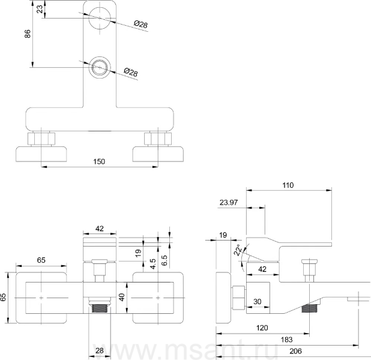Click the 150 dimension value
(x=99, y=161)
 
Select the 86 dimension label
(x=28, y=34)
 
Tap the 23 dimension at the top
(x=40, y=9)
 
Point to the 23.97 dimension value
(x=228, y=202)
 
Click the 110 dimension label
(x=288, y=185)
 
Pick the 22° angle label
(x=238, y=250)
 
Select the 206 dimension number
(x=295, y=351)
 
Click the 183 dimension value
(x=286, y=340)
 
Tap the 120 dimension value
(x=262, y=328)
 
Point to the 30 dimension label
(x=257, y=301)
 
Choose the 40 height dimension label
(x=122, y=297)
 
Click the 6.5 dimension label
(x=164, y=260)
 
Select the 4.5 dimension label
(x=153, y=264)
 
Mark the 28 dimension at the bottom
(x=100, y=350)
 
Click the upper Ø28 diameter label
(x=141, y=24)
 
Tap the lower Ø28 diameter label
(x=131, y=72)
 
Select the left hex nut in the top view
(x=41, y=139)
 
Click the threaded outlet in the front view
(x=100, y=308)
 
